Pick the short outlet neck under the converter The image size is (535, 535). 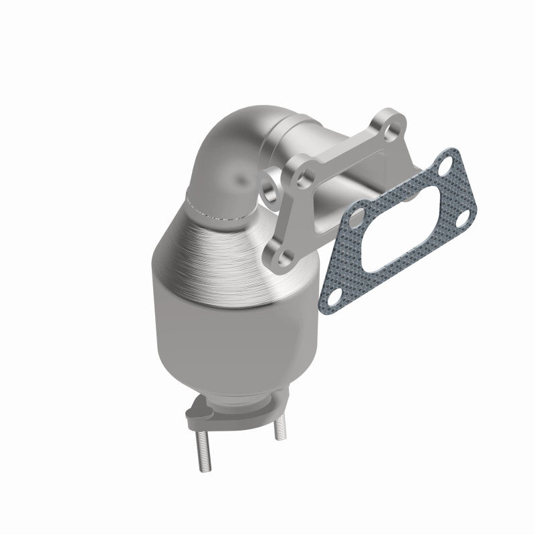point(234,399)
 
